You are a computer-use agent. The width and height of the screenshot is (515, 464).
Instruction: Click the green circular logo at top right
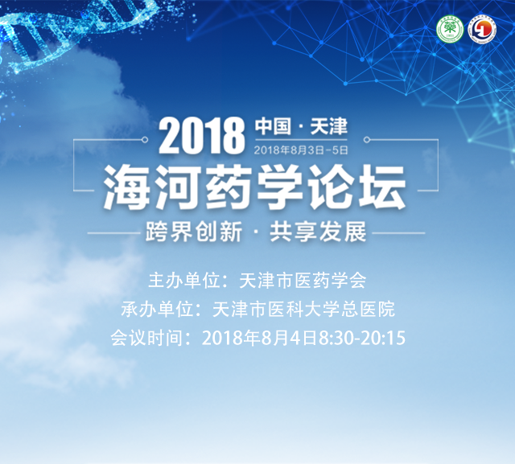point(449,30)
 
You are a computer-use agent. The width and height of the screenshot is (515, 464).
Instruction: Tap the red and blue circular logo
point(482,30)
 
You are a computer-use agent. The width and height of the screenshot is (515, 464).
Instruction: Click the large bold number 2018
point(202,137)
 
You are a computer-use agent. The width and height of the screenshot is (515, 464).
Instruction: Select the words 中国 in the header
point(273,127)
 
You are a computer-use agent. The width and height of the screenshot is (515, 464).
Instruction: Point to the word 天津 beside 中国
point(329,127)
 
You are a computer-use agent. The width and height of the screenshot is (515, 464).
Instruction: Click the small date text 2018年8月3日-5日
point(301,150)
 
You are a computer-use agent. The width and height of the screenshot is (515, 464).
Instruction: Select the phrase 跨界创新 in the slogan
point(194,232)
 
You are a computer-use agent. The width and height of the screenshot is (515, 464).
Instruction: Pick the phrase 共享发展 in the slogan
point(318,232)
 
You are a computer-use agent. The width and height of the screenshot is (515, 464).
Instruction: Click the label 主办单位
point(184,281)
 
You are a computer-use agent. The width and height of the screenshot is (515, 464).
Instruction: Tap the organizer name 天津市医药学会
point(303,281)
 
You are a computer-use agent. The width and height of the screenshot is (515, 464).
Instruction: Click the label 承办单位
point(157,310)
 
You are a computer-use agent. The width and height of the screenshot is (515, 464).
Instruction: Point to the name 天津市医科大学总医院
point(303,310)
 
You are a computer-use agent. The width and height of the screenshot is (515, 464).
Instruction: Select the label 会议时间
point(146,338)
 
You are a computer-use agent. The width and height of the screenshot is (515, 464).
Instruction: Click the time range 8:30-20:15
point(362,338)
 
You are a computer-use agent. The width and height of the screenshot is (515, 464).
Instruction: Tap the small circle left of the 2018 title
point(145,140)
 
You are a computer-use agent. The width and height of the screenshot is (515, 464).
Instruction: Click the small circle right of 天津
point(367,140)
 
